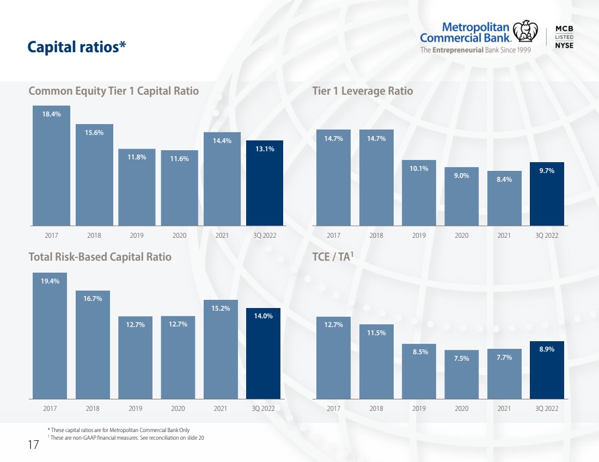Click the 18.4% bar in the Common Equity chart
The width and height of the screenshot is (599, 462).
tap(51, 165)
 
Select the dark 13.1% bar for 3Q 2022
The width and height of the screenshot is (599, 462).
tap(264, 183)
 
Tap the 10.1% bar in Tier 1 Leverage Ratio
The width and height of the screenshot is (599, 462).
tap(419, 193)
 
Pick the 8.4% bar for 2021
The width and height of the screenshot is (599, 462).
tap(504, 198)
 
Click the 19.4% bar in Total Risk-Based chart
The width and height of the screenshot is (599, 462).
tap(50, 336)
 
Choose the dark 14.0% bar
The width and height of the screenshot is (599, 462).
tap(263, 354)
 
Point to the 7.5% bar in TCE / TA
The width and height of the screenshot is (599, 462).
tap(461, 374)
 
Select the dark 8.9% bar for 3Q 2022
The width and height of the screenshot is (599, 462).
tap(547, 370)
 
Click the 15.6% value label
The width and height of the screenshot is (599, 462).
tap(94, 132)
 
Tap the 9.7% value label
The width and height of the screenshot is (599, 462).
tap(547, 171)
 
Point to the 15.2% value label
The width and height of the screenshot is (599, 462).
tap(221, 308)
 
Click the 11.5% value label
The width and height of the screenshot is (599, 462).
tap(376, 333)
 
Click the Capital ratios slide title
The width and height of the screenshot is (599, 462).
tap(77, 47)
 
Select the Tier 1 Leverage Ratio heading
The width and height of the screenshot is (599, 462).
tap(363, 91)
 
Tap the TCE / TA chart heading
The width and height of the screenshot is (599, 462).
tap(333, 257)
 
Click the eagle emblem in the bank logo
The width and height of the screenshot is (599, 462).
tap(525, 31)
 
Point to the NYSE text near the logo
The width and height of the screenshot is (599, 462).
tap(564, 45)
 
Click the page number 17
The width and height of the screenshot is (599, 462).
tap(33, 445)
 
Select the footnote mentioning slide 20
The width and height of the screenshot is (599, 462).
tap(126, 438)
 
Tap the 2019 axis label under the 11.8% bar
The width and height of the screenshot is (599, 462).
tap(136, 235)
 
